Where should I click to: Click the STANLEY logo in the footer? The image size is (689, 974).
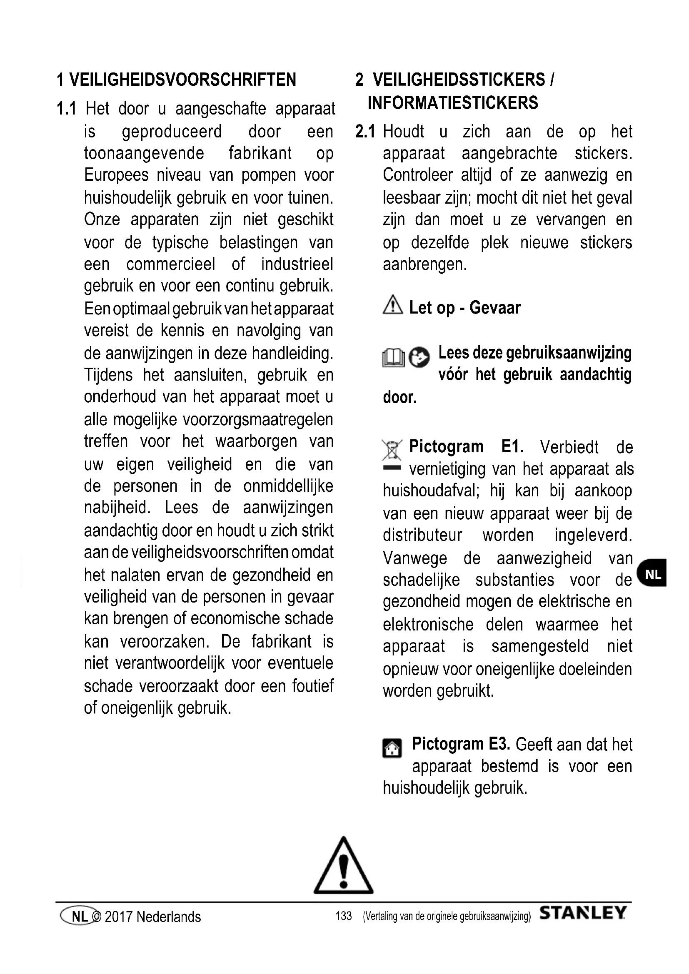[x=583, y=913]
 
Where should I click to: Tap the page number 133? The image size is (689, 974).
[x=343, y=916]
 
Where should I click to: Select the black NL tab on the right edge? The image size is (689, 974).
[x=652, y=574]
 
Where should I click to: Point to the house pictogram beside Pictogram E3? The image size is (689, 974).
[x=392, y=760]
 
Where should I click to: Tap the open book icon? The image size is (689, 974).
[x=393, y=358]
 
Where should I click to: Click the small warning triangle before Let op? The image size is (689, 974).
[x=392, y=305]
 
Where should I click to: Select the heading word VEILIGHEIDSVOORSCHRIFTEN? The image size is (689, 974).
[x=182, y=80]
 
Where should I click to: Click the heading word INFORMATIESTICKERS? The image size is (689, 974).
[x=453, y=103]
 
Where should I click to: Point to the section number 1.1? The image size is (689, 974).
[x=67, y=109]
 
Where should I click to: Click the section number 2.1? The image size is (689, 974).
[x=365, y=132]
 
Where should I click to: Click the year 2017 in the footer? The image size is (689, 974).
[x=118, y=917]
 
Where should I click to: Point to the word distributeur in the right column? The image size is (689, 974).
[x=422, y=535]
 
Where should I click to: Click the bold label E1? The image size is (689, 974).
[x=512, y=447]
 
